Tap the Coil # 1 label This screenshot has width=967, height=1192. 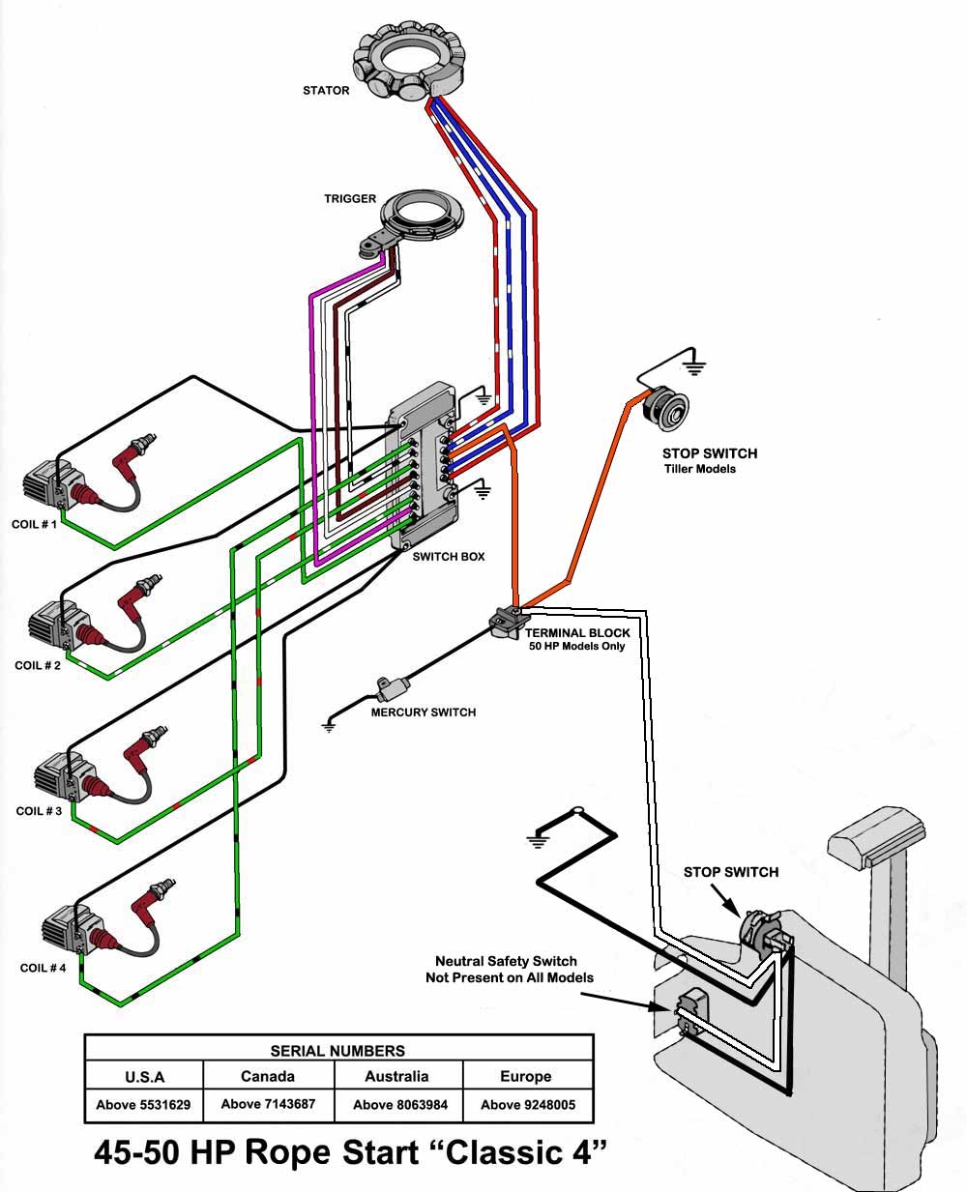click(35, 524)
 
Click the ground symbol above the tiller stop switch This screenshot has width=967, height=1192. click(693, 365)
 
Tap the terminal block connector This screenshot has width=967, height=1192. click(506, 621)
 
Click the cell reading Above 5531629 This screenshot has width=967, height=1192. click(143, 1104)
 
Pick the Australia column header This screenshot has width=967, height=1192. click(396, 1076)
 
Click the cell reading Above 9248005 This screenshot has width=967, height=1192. click(527, 1104)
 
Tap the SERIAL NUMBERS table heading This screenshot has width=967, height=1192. click(337, 1050)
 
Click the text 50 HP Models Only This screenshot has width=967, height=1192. click(576, 646)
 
